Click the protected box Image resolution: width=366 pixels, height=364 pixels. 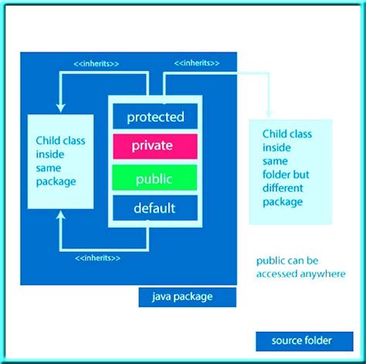pyautogui.click(x=155, y=117)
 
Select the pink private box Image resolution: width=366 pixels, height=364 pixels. pyautogui.click(x=155, y=146)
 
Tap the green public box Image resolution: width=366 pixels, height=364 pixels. pyautogui.click(x=155, y=179)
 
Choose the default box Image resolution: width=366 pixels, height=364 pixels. pyautogui.click(x=155, y=208)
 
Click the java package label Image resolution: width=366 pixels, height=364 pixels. pyautogui.click(x=183, y=295)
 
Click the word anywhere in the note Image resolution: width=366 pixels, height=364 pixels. pyautogui.click(x=321, y=274)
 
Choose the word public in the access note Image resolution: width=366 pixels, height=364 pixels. pyautogui.click(x=271, y=261)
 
